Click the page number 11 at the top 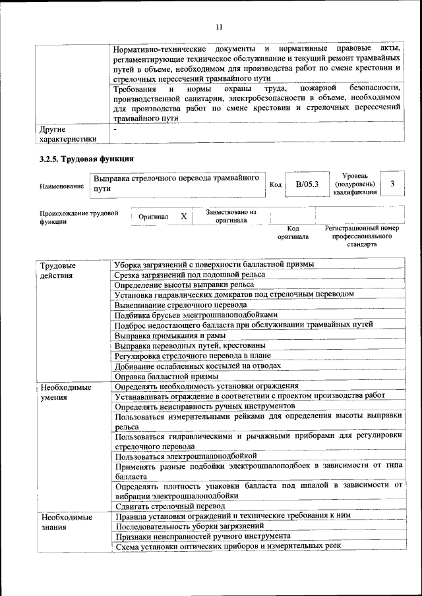click(x=219, y=26)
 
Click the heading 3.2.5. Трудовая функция click(x=86, y=159)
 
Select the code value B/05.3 click(x=307, y=184)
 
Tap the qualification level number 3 click(x=393, y=184)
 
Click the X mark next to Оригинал click(x=184, y=216)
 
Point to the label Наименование click(x=61, y=186)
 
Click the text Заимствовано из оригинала click(x=231, y=217)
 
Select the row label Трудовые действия click(x=58, y=270)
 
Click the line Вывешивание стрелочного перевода click(x=181, y=305)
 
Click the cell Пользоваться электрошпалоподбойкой click(x=185, y=456)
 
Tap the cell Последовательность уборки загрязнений click(x=189, y=526)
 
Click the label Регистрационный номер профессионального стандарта click(x=362, y=236)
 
